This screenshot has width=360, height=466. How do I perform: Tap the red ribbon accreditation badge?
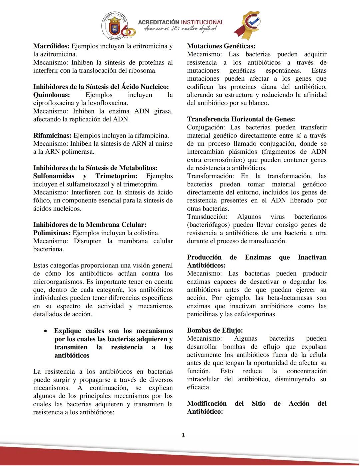coord(247,25)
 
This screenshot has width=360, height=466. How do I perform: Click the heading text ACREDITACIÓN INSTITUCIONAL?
coord(181,22)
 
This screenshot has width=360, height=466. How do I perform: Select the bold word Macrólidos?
coord(51,46)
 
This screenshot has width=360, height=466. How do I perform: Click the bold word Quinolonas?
coord(51,95)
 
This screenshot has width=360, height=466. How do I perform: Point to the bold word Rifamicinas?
coord(52,136)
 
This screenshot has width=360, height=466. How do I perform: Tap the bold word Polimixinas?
coord(52,233)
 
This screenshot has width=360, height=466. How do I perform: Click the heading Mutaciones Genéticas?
coord(221,46)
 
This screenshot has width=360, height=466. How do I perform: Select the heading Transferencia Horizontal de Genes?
coord(241,119)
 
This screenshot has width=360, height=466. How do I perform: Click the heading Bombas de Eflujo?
coord(215,331)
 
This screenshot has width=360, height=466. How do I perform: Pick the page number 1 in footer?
coord(183,435)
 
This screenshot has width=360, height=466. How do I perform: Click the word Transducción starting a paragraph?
coord(207,217)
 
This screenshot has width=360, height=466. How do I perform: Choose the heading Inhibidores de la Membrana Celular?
coord(90,225)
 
